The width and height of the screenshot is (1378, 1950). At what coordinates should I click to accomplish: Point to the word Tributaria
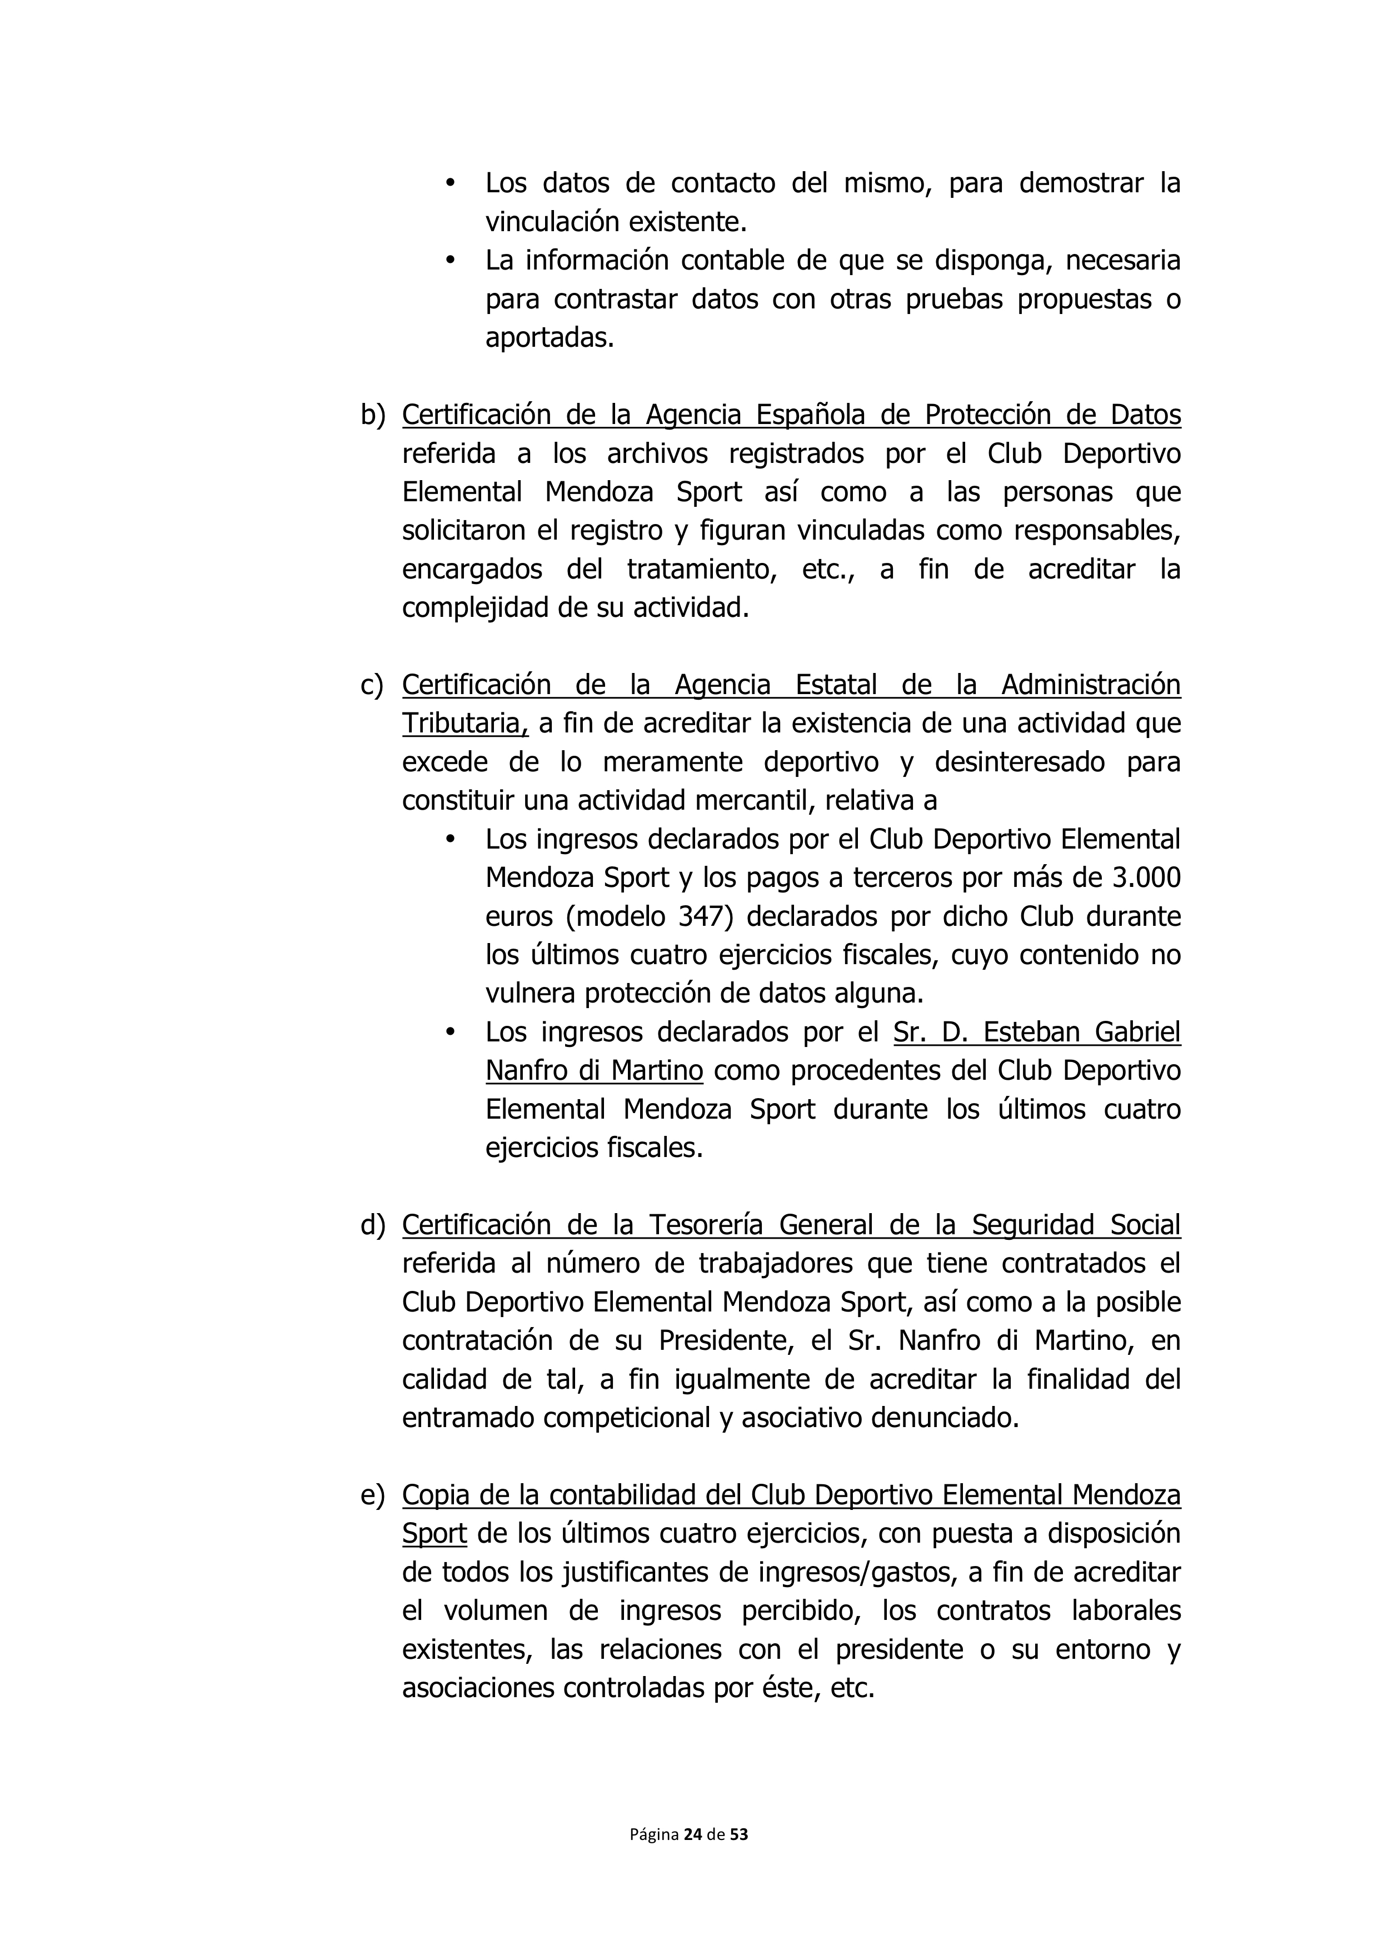click(x=465, y=724)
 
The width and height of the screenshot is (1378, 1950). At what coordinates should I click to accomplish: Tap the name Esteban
click(x=1020, y=1033)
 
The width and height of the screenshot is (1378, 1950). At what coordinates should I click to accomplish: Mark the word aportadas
click(x=548, y=338)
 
